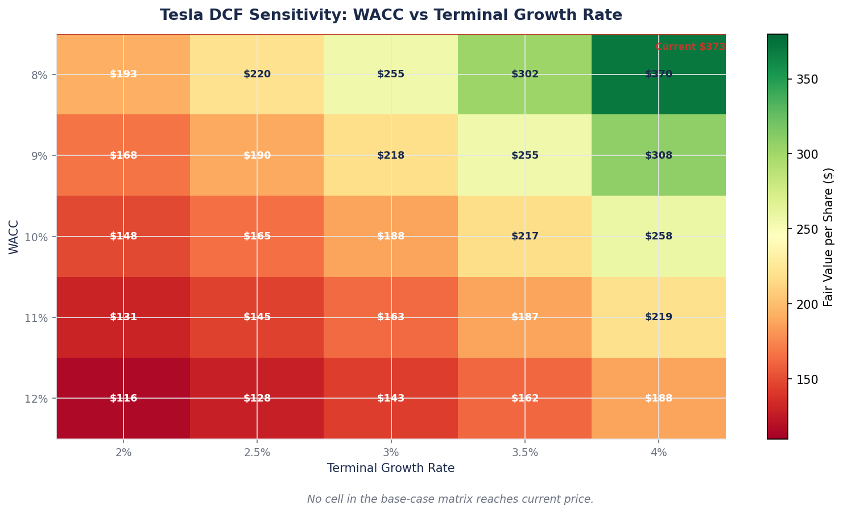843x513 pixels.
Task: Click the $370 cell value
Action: [x=659, y=75]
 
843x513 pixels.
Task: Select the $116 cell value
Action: [x=123, y=398]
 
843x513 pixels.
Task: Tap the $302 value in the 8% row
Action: [x=525, y=75]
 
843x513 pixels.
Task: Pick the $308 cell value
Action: [x=659, y=155]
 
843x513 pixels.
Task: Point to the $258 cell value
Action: [x=659, y=237]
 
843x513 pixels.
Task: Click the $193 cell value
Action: [x=123, y=75]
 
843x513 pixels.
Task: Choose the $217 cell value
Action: [x=525, y=237]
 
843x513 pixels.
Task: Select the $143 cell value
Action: [x=391, y=398]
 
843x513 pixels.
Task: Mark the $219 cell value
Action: [x=659, y=317]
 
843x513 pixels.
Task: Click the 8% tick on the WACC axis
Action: [x=44, y=75]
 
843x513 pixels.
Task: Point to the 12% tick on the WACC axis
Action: [x=42, y=398]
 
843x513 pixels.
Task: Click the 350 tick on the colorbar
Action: [x=807, y=80]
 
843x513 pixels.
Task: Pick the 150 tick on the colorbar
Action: [x=807, y=379]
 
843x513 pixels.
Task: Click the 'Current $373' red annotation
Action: [x=690, y=47]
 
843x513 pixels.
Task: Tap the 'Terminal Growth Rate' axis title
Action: [x=391, y=468]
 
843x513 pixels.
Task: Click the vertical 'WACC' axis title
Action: [x=14, y=237]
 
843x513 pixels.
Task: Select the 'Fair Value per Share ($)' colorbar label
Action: [x=828, y=237]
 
